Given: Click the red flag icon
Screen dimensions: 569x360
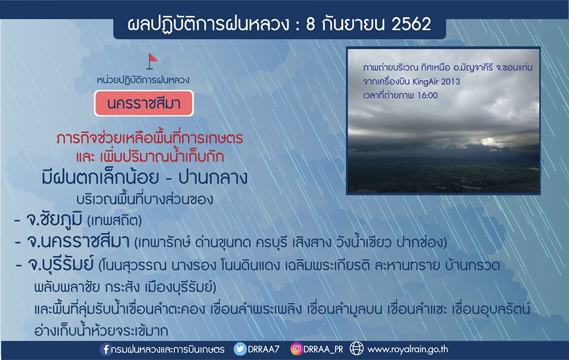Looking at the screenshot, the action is [152, 62].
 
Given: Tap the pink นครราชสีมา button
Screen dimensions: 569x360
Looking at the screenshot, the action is [143, 104].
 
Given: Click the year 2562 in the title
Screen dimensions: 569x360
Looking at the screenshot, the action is [411, 24].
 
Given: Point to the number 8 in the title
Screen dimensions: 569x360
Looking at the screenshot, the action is [310, 24].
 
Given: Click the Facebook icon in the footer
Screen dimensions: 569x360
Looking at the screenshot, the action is [106, 349].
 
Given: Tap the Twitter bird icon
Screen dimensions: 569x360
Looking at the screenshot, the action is [240, 349].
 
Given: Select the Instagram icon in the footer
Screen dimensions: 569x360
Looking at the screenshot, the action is [296, 349].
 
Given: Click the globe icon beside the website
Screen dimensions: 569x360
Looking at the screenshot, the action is [356, 349].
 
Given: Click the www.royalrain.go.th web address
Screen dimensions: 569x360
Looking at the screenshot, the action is [408, 349].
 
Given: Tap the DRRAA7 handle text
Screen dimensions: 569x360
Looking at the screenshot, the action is [263, 349].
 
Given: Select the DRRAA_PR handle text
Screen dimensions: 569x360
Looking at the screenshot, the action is [323, 349].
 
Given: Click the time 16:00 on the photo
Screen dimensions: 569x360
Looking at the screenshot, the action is [427, 95].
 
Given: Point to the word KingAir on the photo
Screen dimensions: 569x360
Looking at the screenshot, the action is [426, 82].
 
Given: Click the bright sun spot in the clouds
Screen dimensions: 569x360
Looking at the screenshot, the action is [487, 141].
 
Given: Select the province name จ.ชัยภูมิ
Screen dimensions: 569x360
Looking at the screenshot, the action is [54, 219].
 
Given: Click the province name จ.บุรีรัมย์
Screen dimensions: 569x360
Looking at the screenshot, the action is [60, 264].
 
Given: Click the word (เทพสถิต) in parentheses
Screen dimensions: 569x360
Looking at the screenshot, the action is [114, 220].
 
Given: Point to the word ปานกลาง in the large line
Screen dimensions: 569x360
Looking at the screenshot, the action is [213, 178].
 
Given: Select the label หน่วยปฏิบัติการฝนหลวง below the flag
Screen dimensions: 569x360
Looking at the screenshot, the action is [143, 80].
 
